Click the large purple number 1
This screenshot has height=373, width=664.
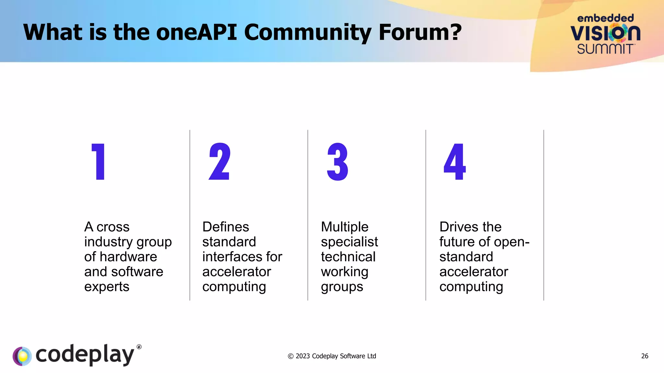[x=99, y=162]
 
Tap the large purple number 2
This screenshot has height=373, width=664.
[x=220, y=162]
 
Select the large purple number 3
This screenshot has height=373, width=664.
[x=338, y=162]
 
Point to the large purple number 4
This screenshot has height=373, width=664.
[x=455, y=162]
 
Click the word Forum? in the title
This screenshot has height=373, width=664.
[x=420, y=32]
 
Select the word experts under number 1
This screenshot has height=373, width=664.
[x=107, y=287]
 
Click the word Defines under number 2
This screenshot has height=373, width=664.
[x=226, y=227]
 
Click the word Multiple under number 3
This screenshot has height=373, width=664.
[x=345, y=227]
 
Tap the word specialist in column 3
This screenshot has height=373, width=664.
[x=349, y=242]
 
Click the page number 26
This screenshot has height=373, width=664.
[x=645, y=356]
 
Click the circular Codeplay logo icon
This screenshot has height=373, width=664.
[x=22, y=356]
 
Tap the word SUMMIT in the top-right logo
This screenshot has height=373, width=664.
[x=605, y=49]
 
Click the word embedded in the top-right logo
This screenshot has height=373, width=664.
[x=605, y=18]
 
